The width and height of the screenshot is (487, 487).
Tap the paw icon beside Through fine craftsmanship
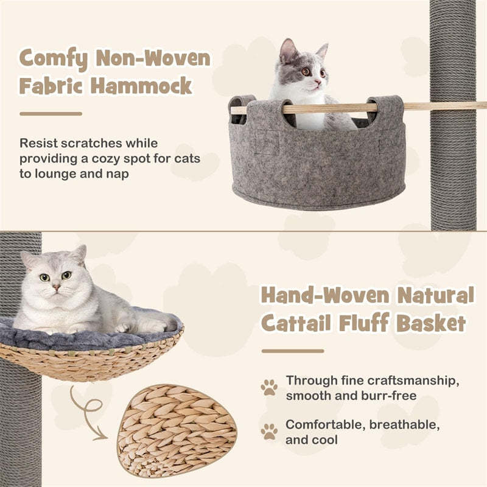pyautogui.click(x=268, y=387)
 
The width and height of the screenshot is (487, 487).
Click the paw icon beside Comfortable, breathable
pyautogui.click(x=268, y=431)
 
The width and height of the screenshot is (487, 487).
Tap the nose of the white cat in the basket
pyautogui.click(x=55, y=286)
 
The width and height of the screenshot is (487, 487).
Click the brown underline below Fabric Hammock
pyautogui.click(x=51, y=114)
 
